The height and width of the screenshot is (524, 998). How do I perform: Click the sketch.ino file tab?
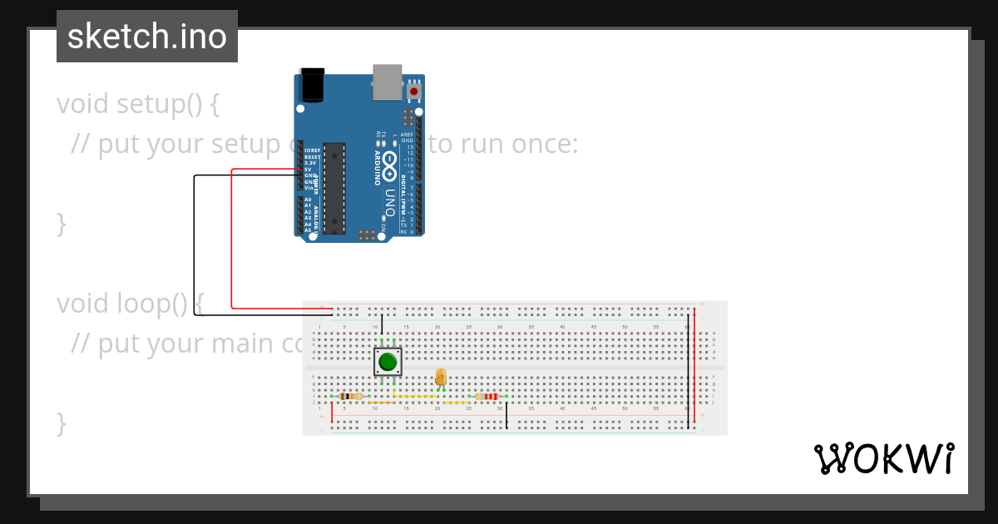point(146,37)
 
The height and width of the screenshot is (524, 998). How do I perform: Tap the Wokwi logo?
point(882,458)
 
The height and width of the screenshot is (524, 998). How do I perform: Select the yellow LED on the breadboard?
point(441,378)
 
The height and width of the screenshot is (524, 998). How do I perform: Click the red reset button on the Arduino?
point(414,90)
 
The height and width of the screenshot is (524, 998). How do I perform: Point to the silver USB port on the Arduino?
point(386,80)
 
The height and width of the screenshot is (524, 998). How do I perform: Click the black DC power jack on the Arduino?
point(312,85)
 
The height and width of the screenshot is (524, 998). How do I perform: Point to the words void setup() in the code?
point(138,104)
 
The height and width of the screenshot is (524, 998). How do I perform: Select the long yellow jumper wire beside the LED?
point(416,397)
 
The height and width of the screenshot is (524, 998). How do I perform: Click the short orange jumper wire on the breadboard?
point(456,403)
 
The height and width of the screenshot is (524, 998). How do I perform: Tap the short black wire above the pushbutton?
point(382,325)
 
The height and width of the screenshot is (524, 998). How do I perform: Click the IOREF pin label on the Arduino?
point(312,151)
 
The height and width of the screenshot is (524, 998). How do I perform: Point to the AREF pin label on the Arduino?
point(407,135)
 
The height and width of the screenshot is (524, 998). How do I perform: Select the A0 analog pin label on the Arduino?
point(308,200)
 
